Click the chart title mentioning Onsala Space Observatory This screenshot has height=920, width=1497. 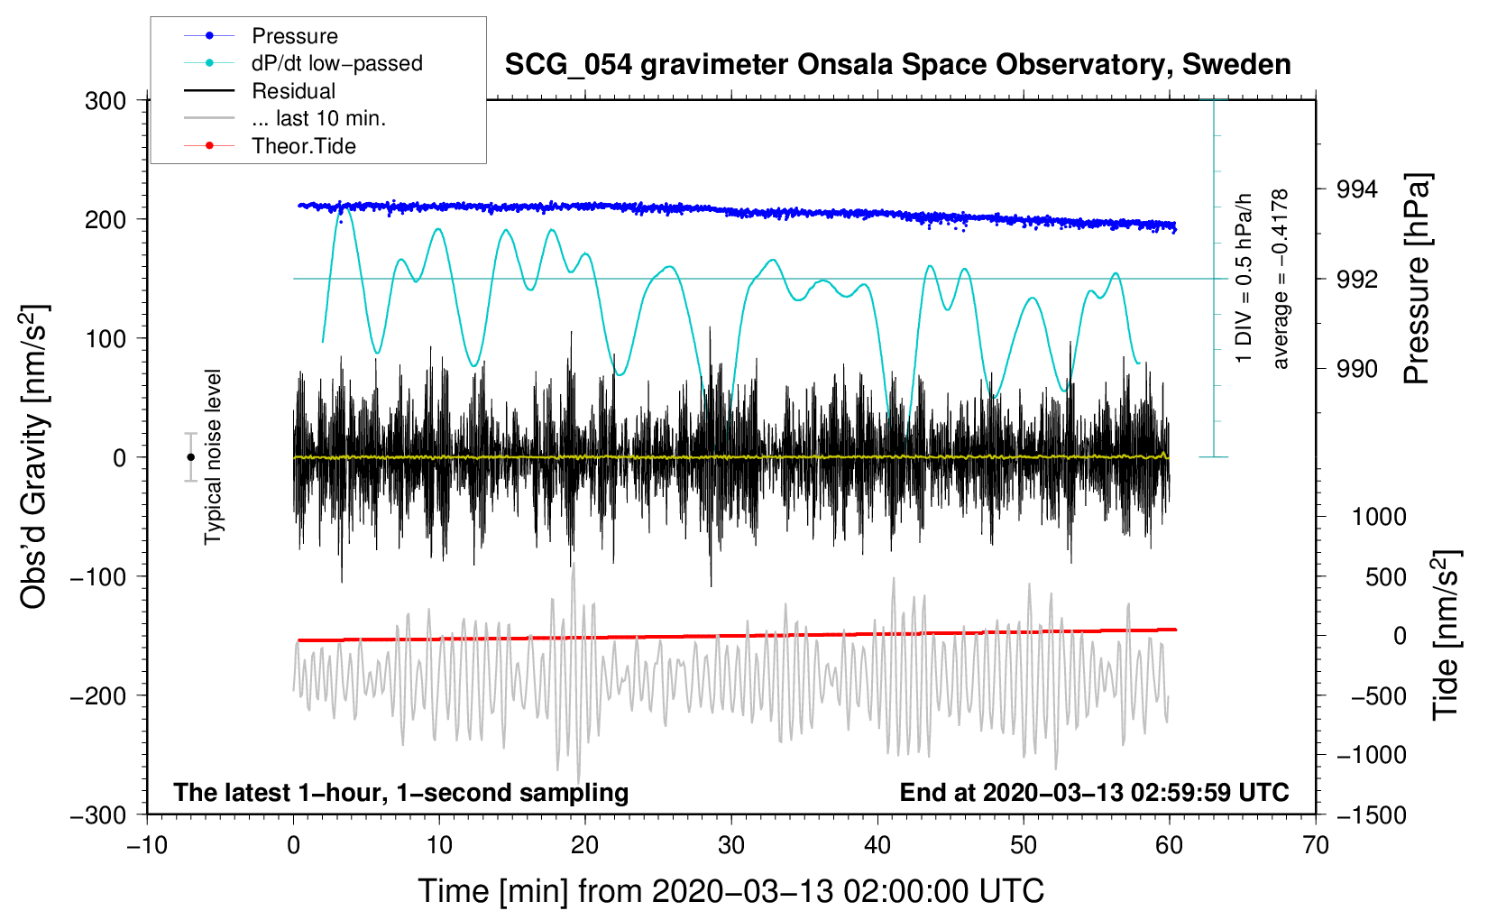(x=897, y=65)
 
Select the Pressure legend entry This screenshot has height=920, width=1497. (x=294, y=36)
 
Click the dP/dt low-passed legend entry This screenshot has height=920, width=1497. (x=336, y=63)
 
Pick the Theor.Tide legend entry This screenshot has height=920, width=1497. (x=303, y=146)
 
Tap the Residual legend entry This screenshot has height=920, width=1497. (x=293, y=91)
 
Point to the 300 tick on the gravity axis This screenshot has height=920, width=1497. (x=106, y=101)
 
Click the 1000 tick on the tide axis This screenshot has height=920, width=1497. (x=1379, y=517)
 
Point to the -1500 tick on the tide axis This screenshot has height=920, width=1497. (x=1372, y=815)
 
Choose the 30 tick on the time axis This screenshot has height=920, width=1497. (x=731, y=845)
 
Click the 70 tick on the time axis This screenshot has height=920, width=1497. (x=1316, y=845)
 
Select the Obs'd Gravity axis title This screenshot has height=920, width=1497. (x=34, y=457)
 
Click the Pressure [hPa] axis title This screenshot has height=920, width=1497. (x=1418, y=280)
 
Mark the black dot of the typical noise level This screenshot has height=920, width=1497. (x=190, y=457)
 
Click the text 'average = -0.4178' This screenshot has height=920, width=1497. (x=1281, y=279)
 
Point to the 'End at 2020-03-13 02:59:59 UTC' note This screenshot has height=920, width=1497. (x=1094, y=793)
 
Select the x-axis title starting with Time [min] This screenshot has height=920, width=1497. (x=731, y=891)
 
